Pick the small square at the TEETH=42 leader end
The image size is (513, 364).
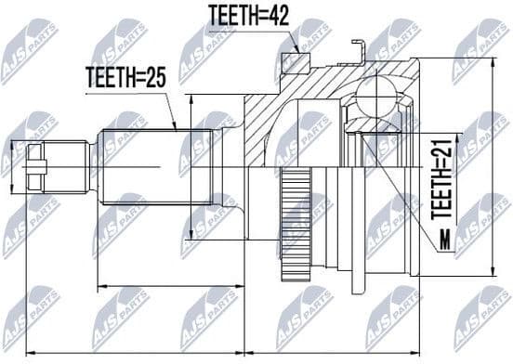(293, 61)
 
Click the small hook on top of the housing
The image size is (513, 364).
(358, 45)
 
